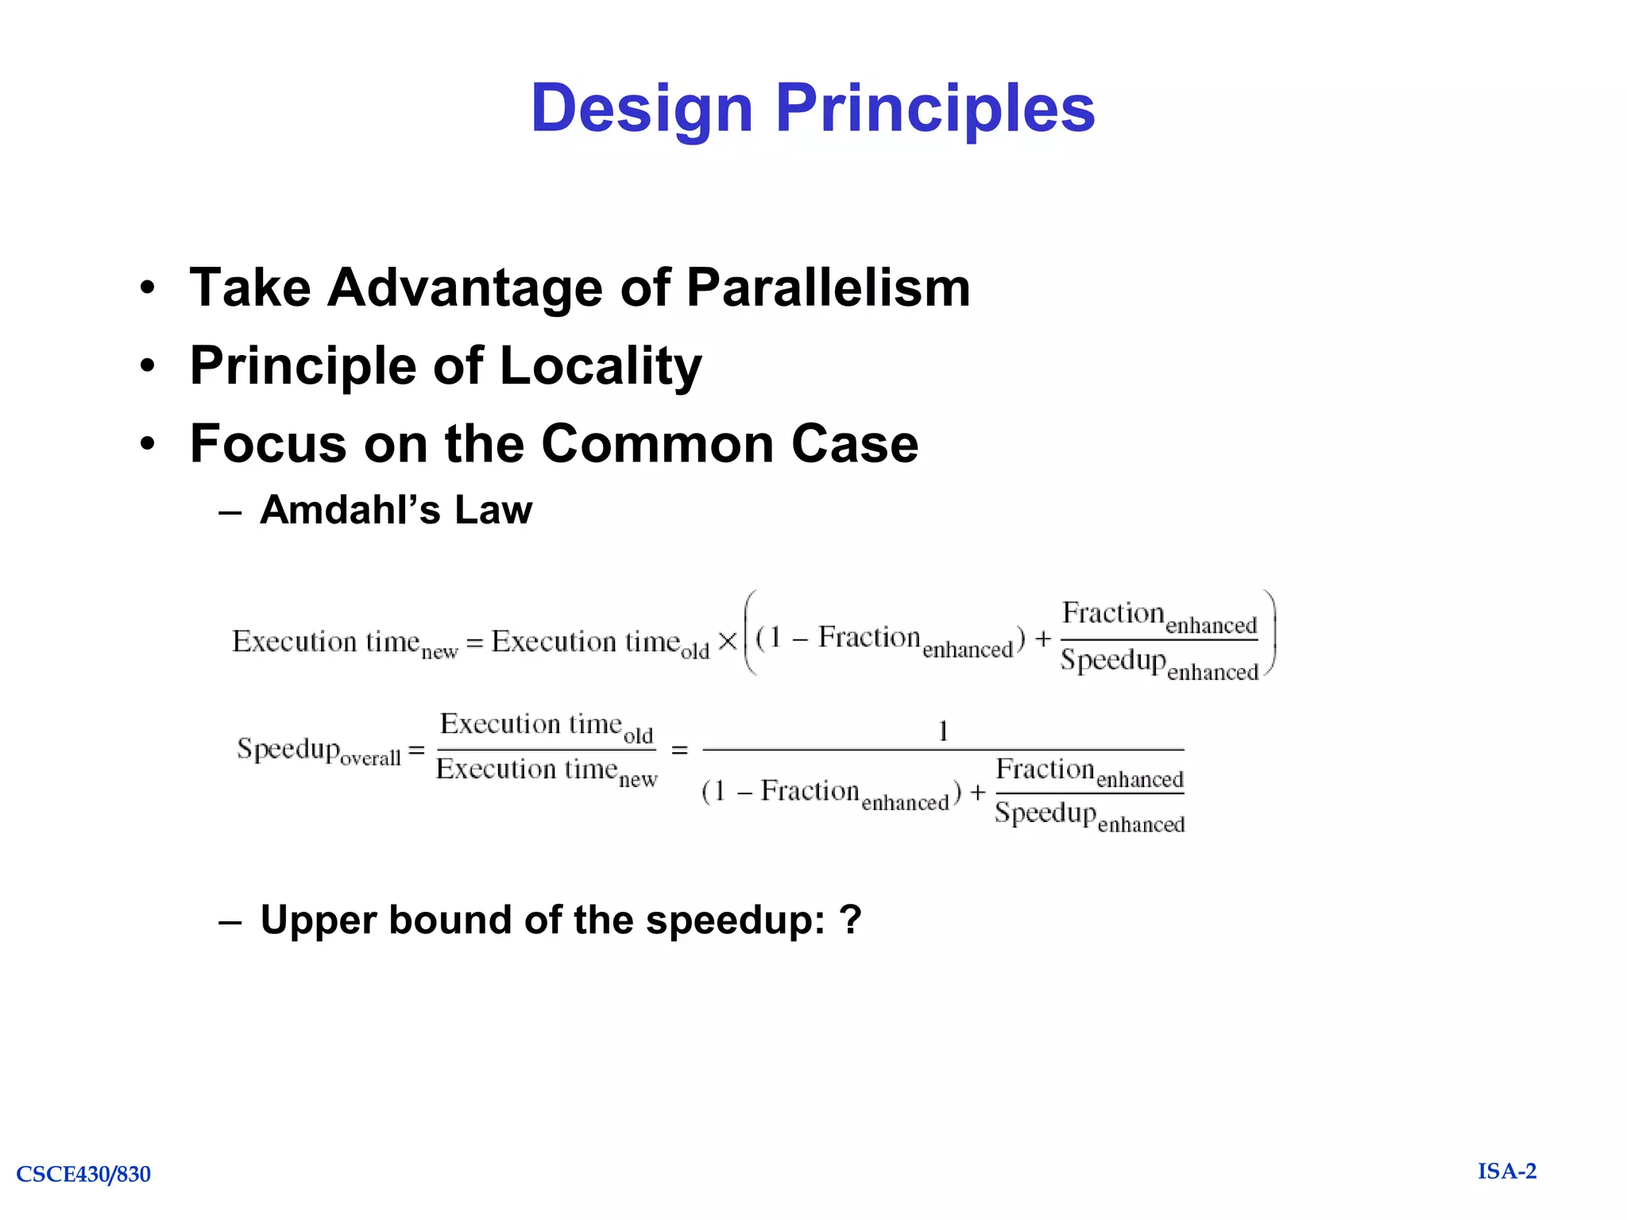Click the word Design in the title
pyautogui.click(x=641, y=109)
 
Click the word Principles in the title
pyautogui.click(x=935, y=109)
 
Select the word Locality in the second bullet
pyautogui.click(x=601, y=366)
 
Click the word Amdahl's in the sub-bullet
pyautogui.click(x=350, y=510)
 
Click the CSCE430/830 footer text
pyautogui.click(x=83, y=1174)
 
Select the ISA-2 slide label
pyautogui.click(x=1506, y=1172)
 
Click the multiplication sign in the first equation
pyautogui.click(x=727, y=642)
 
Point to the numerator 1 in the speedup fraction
pyautogui.click(x=943, y=731)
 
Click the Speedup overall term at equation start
pyautogui.click(x=319, y=750)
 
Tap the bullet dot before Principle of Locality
pyautogui.click(x=147, y=367)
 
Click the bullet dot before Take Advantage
pyautogui.click(x=147, y=289)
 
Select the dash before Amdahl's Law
pyautogui.click(x=230, y=512)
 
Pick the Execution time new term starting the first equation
pyautogui.click(x=344, y=643)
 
